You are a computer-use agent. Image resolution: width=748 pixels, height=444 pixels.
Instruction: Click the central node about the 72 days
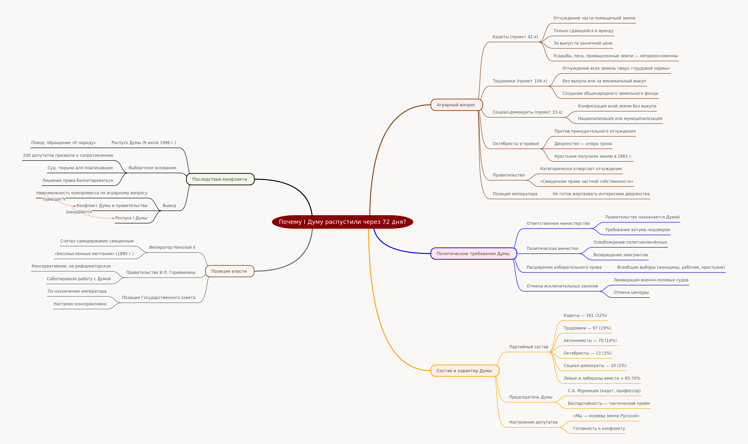pos(342,222)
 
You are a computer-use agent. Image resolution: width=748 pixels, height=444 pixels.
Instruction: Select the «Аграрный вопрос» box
pos(456,105)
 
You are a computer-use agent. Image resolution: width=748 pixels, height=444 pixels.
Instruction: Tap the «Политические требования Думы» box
pos(474,254)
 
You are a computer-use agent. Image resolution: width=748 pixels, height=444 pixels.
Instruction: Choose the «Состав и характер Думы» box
pos(465,371)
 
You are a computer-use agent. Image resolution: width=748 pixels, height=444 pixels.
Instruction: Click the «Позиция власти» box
pos(230,271)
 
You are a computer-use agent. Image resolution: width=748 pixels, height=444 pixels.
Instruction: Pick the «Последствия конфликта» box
pos(220,179)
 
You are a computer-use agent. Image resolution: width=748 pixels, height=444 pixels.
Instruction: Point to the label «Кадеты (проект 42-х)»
pos(515,37)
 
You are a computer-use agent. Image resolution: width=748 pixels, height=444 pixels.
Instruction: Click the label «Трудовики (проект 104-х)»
pos(520,81)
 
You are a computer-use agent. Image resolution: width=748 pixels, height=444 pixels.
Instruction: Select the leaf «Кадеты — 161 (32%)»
pos(585,315)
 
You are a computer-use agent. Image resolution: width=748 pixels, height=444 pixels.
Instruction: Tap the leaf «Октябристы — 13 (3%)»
pos(587,353)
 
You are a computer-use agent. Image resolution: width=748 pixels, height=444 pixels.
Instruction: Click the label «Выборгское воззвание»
pos(152,168)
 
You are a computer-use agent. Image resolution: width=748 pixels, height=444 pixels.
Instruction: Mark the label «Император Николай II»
pos(172,247)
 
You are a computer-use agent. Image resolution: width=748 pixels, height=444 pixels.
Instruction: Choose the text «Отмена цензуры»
pos(631,292)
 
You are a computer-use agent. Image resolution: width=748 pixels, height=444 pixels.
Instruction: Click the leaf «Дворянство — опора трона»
pos(583,144)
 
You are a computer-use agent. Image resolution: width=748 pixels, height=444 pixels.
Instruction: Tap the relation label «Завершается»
pos(79,212)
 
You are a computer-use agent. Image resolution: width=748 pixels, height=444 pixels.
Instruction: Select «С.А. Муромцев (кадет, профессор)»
pos(604,391)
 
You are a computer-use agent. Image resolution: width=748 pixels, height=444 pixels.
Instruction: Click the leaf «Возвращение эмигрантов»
pos(621,255)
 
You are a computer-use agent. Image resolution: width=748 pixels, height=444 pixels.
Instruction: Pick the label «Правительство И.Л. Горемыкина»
pos(161,272)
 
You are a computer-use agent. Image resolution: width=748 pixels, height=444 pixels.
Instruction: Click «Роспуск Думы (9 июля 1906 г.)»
pos(144,143)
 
